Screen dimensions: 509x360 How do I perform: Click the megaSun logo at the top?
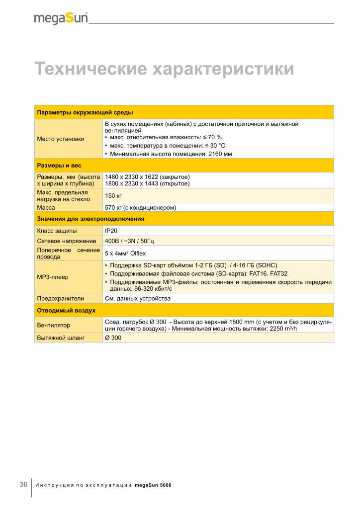61,18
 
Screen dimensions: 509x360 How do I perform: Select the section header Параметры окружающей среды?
85,112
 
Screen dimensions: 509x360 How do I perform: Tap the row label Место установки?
61,139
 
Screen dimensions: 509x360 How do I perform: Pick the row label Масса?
46,207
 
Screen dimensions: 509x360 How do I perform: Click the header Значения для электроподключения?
91,219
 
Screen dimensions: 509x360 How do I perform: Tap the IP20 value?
111,231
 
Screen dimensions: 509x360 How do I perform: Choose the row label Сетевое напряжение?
67,241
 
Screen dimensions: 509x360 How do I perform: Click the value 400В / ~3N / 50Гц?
130,241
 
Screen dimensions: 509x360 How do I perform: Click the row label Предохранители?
61,299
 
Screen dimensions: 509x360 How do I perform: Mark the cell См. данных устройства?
138,299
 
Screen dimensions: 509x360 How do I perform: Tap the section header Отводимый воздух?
67,311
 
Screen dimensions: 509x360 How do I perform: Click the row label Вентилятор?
54,326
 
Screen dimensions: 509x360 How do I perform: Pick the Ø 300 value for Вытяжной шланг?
113,338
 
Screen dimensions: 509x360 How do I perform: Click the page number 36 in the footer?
23,485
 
